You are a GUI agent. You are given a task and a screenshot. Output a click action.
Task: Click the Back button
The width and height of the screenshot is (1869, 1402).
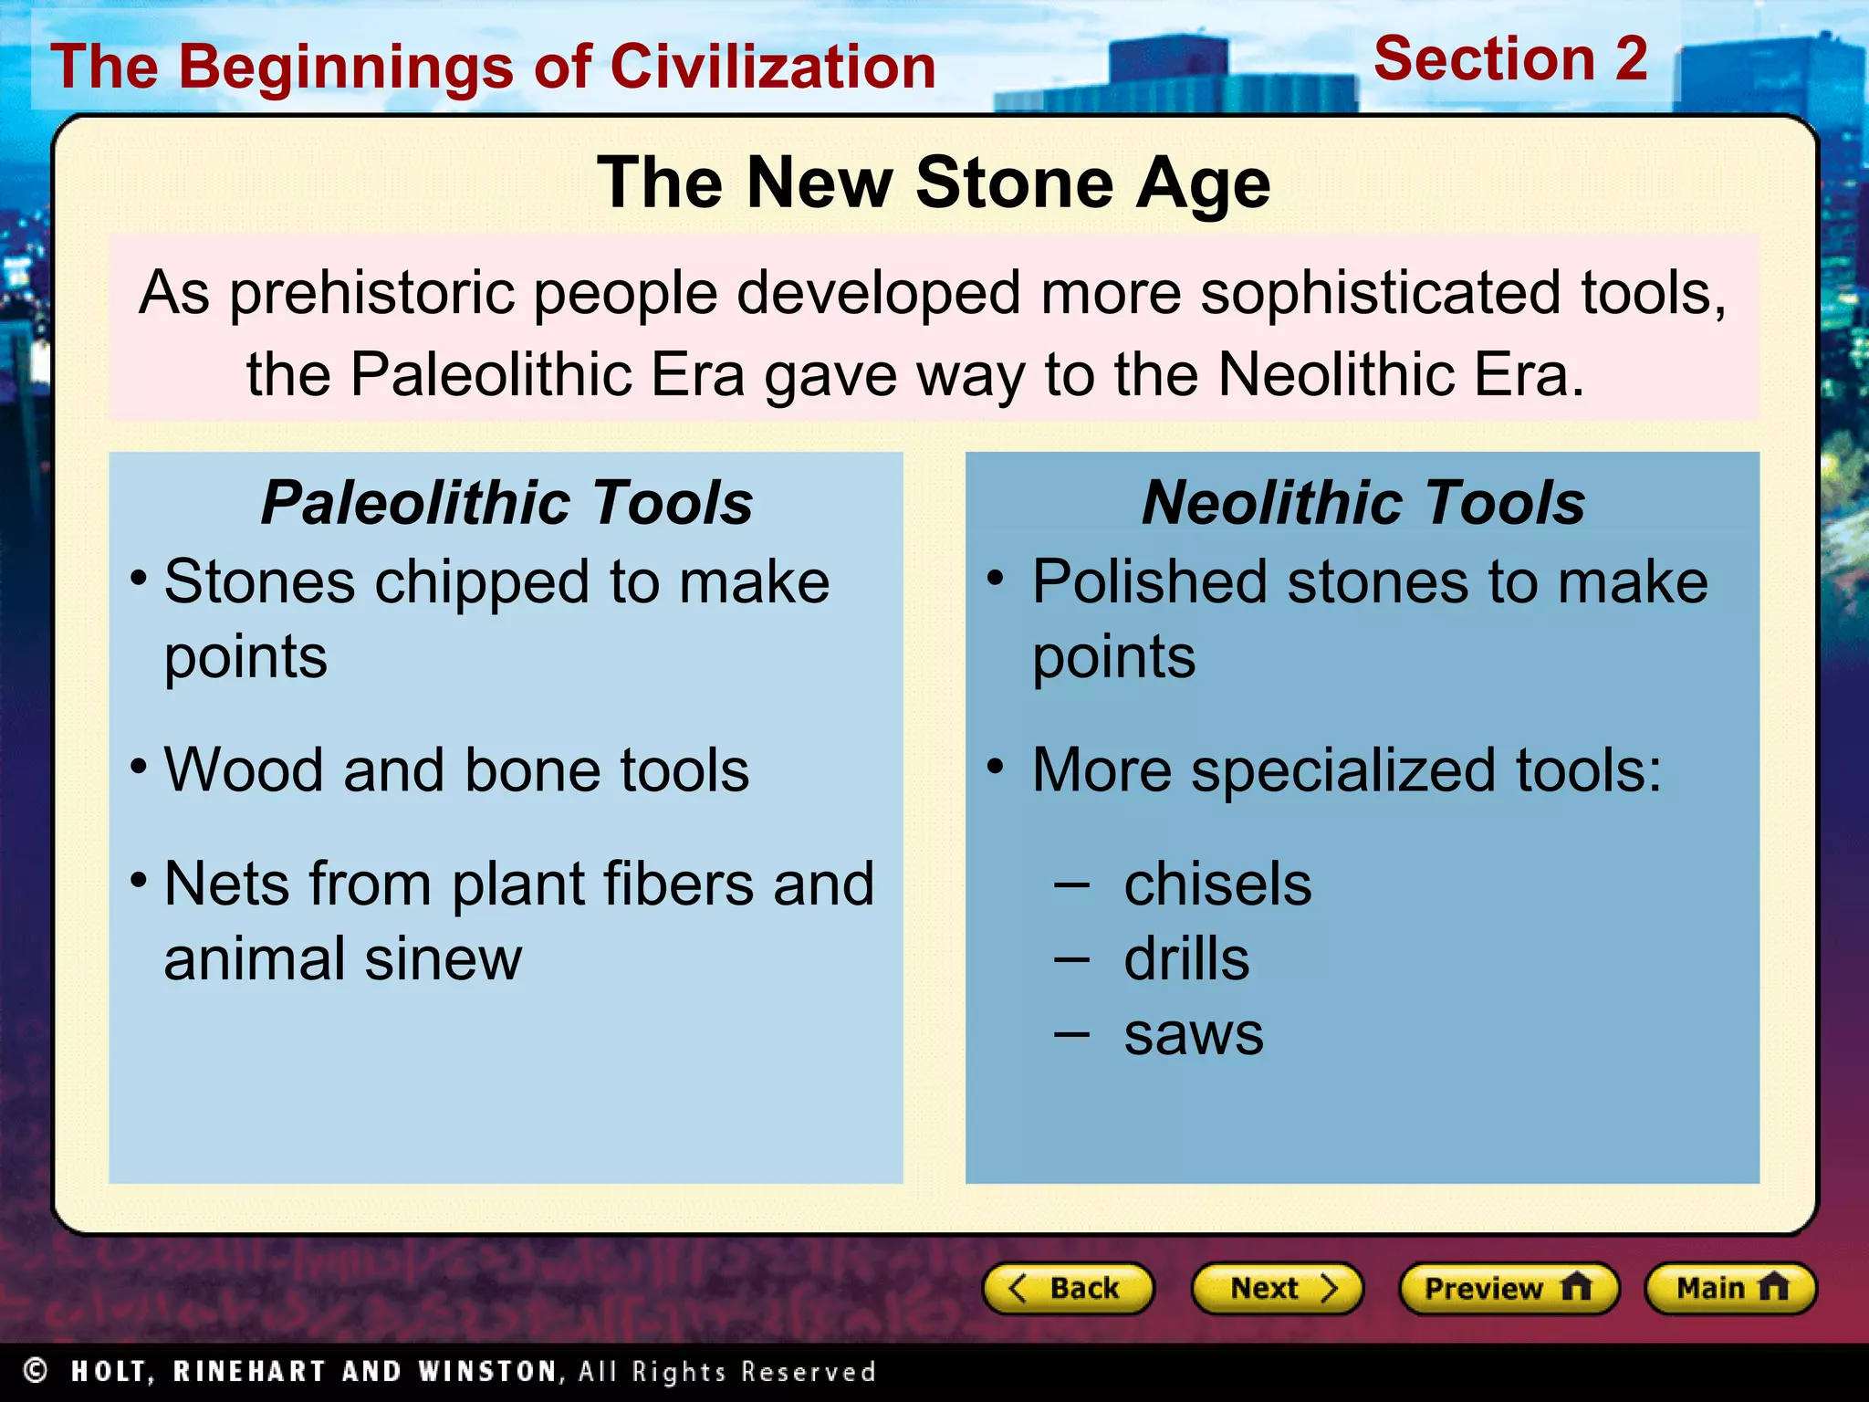point(1067,1288)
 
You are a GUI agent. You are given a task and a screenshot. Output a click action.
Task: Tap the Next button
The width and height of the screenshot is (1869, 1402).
point(1277,1288)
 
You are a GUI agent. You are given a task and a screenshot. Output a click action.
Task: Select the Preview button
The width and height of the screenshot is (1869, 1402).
point(1508,1288)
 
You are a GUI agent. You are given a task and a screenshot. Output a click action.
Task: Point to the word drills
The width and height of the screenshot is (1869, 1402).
point(1186,959)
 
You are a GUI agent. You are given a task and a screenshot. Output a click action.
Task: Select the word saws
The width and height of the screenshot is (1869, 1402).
point(1194,1034)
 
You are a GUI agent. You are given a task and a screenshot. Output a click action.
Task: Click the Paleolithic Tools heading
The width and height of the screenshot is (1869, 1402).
point(506,502)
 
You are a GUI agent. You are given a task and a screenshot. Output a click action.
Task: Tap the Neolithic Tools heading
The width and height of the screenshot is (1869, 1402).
point(1363,502)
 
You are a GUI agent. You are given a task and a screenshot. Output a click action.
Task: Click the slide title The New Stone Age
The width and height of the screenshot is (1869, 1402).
point(933,183)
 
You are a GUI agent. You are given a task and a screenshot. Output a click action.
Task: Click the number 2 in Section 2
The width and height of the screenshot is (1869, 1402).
point(1630,59)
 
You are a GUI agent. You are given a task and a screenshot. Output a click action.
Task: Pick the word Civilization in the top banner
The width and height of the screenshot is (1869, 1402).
point(773,67)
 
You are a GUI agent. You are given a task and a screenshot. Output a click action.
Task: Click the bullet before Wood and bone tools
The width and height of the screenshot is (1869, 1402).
point(139,765)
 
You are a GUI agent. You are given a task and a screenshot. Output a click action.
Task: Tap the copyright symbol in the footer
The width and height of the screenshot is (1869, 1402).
point(36,1370)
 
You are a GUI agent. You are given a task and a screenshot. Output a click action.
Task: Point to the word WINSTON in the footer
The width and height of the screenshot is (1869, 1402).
point(487,1371)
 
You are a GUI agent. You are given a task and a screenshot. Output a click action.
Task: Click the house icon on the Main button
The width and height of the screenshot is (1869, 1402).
point(1773,1287)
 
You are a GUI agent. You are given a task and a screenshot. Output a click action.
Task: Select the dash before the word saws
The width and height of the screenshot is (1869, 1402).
point(1071,1034)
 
